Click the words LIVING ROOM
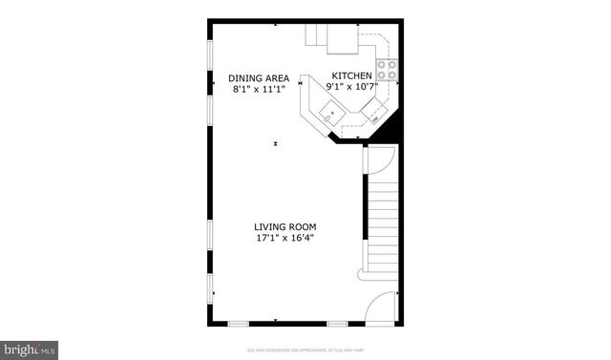(x=284, y=226)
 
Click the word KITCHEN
(x=351, y=75)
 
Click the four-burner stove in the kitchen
(x=387, y=69)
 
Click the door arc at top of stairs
(x=381, y=159)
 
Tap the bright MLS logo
(x=30, y=349)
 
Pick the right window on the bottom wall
(x=335, y=324)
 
